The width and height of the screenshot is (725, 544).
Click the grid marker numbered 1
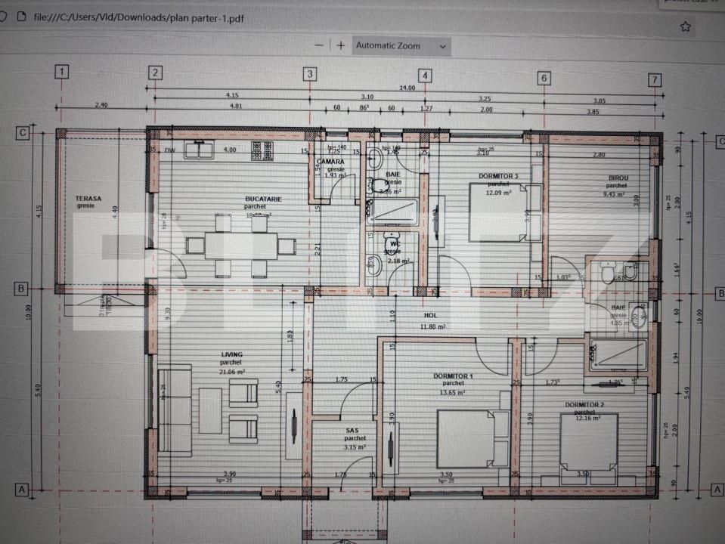[62, 73]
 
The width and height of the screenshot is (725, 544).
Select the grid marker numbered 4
[426, 76]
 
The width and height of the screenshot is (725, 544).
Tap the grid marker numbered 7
[655, 79]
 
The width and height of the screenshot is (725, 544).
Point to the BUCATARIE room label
[263, 199]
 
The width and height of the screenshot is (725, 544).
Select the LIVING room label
[231, 354]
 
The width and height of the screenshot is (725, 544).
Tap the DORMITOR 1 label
[454, 376]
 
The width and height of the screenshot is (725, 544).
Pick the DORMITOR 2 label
[586, 404]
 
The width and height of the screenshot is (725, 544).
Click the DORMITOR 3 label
[498, 176]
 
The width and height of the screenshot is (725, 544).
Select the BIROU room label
[618, 178]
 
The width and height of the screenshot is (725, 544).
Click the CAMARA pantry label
[330, 162]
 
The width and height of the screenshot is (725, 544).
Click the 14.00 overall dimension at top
[407, 88]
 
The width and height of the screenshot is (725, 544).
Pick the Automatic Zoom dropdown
[401, 46]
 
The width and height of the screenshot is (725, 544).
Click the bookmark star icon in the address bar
[685, 27]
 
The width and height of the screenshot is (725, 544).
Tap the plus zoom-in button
[341, 45]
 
